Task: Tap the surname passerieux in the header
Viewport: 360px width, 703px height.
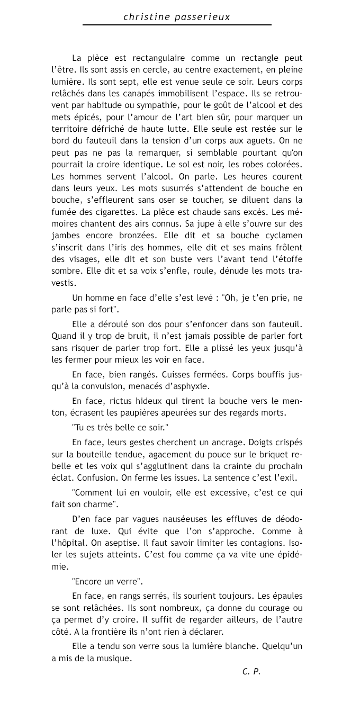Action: pos(201,17)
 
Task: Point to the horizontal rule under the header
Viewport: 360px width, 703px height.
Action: pos(177,25)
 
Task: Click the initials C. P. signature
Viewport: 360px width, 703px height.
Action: pos(251,672)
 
